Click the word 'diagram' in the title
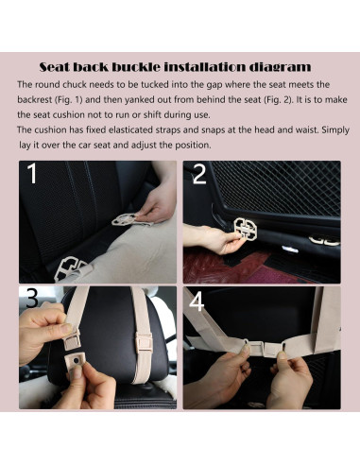[x=275, y=67]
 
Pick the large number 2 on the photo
[x=200, y=176]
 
